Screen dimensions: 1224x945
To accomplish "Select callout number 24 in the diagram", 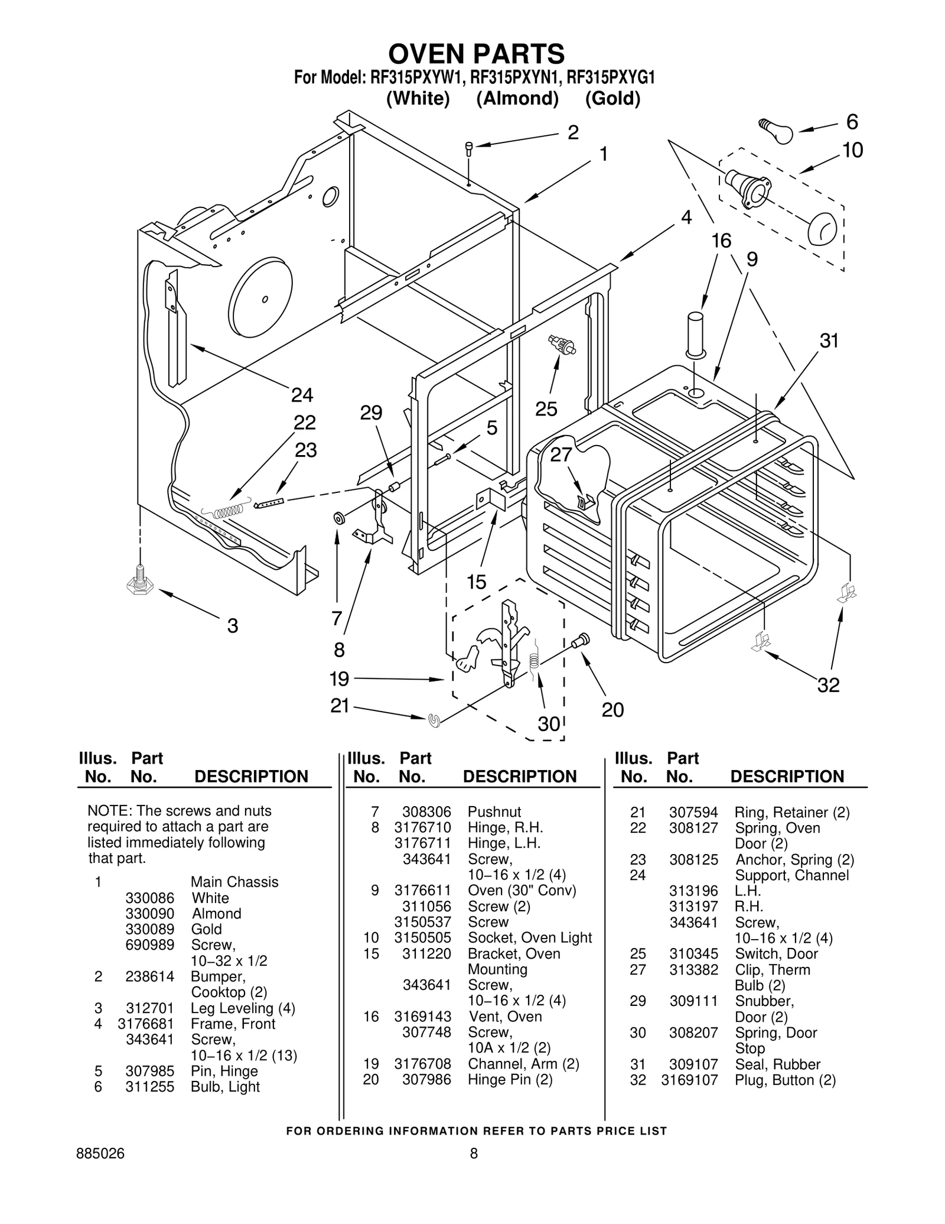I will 302,394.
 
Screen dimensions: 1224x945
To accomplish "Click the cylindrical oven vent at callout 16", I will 695,335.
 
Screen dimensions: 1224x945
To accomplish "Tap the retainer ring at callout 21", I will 434,720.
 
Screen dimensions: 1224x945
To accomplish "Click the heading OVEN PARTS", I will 476,54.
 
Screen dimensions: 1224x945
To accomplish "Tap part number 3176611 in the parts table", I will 422,890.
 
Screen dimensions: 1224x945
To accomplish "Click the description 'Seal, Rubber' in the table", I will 777,1064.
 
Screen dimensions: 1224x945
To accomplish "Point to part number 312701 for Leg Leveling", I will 149,1008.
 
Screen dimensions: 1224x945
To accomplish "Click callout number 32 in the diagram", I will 828,685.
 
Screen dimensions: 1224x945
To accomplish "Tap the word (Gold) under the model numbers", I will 612,98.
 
